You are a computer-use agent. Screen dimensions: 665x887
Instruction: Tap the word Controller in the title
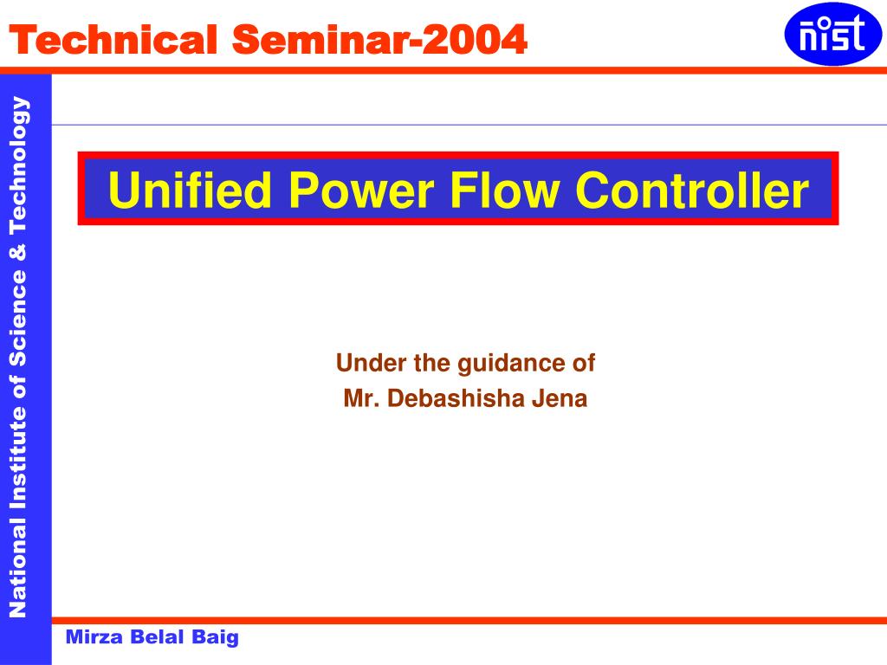pyautogui.click(x=693, y=190)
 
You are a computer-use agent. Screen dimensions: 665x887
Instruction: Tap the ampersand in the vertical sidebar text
pyautogui.click(x=18, y=252)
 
